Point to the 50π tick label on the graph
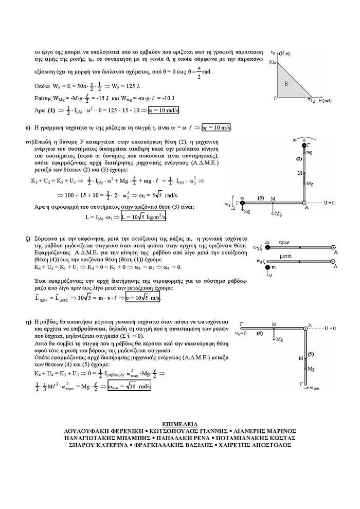273,62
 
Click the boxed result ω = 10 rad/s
164,110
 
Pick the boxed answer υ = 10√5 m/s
153,298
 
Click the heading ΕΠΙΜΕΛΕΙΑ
179,424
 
